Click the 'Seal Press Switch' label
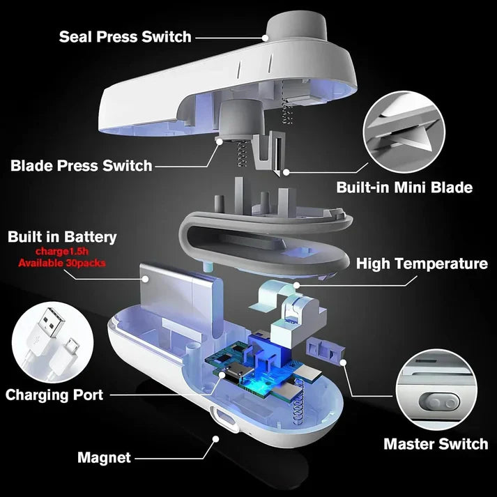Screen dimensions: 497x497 125,36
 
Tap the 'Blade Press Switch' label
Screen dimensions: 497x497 81,165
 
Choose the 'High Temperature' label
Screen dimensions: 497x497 422,263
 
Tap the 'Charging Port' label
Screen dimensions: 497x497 54,395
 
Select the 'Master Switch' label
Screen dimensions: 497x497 436,444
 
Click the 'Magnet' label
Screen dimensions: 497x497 103,458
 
